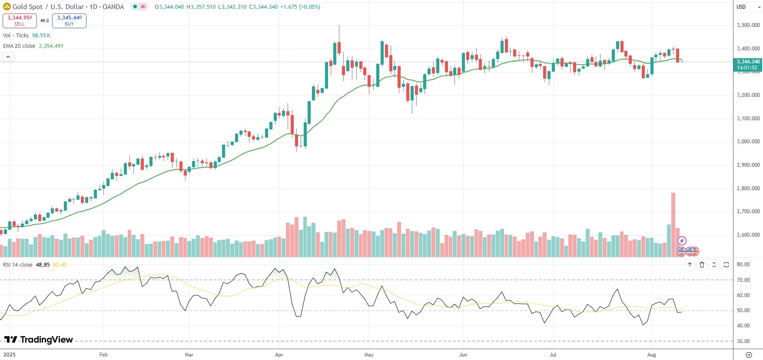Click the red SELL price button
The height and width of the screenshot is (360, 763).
20,20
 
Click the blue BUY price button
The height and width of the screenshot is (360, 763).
69,20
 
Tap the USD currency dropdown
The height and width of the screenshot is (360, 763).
748,7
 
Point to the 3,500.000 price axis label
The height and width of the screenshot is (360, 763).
748,25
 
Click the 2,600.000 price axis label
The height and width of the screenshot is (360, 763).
748,235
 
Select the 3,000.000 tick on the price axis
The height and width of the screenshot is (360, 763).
748,142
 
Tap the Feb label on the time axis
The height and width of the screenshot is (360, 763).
103,355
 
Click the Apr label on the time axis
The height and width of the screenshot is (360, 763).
279,355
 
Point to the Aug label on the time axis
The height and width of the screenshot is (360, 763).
651,355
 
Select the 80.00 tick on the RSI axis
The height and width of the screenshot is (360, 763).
743,264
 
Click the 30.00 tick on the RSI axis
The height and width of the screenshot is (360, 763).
743,341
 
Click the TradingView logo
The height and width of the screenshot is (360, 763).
39,340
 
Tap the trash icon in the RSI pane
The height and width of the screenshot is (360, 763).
702,264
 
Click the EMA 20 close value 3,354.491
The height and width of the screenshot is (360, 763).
51,46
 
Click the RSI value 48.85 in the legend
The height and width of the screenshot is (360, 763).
43,265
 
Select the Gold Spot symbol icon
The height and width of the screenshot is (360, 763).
7,7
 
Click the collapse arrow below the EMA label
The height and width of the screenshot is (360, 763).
8,56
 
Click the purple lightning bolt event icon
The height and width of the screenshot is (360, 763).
682,241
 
